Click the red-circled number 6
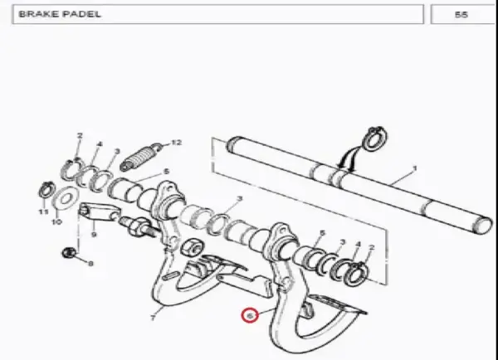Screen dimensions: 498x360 coord(250,316)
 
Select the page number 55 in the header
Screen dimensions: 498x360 coord(461,15)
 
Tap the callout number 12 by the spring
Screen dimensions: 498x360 coord(177,143)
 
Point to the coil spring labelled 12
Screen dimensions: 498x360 coord(140,157)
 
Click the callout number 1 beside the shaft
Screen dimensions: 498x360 coord(414,168)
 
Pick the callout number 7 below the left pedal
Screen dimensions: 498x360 coord(153,318)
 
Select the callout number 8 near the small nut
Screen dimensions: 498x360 coord(90,264)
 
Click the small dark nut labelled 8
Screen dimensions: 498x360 coord(69,253)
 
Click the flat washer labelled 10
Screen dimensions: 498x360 coord(65,199)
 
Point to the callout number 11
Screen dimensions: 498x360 coord(43,212)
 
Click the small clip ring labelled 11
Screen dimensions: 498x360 coord(46,189)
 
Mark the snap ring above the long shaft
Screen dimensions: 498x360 coord(376,139)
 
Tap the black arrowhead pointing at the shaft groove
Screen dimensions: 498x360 coord(342,164)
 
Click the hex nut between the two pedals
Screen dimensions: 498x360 coord(192,247)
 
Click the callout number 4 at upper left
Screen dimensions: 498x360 coord(100,144)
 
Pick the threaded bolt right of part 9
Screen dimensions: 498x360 coord(139,226)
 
